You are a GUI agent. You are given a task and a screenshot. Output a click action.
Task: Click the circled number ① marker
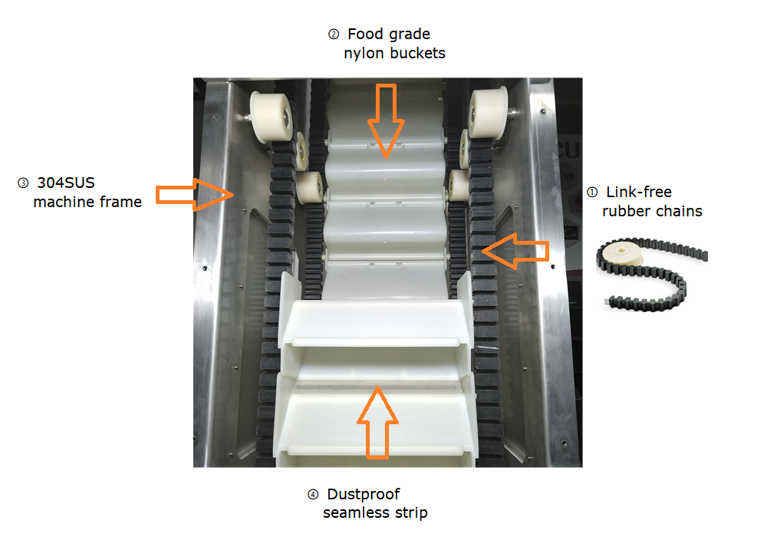(x=591, y=192)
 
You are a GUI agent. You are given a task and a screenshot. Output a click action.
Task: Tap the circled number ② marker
(x=334, y=35)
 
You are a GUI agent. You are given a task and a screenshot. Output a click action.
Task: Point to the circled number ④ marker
(x=312, y=494)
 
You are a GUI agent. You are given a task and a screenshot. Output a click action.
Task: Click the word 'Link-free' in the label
(x=639, y=192)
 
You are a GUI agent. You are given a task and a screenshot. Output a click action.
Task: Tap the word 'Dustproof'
(x=364, y=494)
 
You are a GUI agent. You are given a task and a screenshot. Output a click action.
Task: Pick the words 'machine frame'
(x=87, y=203)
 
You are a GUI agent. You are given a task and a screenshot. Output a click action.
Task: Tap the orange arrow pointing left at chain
(x=515, y=251)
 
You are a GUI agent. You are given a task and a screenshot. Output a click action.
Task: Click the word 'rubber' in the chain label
(x=624, y=211)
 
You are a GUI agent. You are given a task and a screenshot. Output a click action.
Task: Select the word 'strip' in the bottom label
(x=410, y=512)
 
